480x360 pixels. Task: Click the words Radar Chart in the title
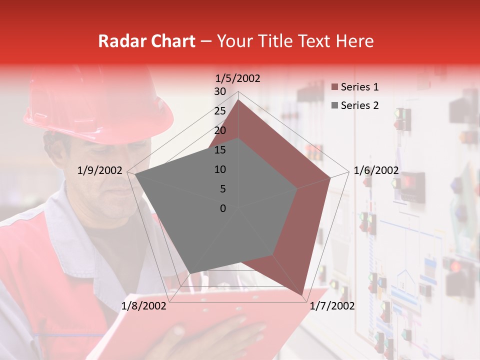[146, 41]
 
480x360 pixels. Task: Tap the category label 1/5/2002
[238, 78]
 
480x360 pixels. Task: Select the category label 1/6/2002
[376, 170]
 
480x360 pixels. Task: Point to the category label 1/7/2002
[332, 306]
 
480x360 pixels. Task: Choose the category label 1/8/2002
[144, 306]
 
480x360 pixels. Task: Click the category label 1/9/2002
[100, 170]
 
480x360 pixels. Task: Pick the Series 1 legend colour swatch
[334, 87]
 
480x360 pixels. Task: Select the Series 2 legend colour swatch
[334, 105]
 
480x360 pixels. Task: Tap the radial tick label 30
[220, 91]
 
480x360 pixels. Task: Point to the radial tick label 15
[220, 150]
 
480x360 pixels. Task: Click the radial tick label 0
[223, 208]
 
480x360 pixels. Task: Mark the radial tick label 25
[220, 111]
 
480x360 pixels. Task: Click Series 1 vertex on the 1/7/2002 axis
[303, 296]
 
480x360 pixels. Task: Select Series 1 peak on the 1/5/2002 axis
[238, 99]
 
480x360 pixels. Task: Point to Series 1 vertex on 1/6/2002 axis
[330, 177]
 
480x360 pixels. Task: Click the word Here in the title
[355, 41]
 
